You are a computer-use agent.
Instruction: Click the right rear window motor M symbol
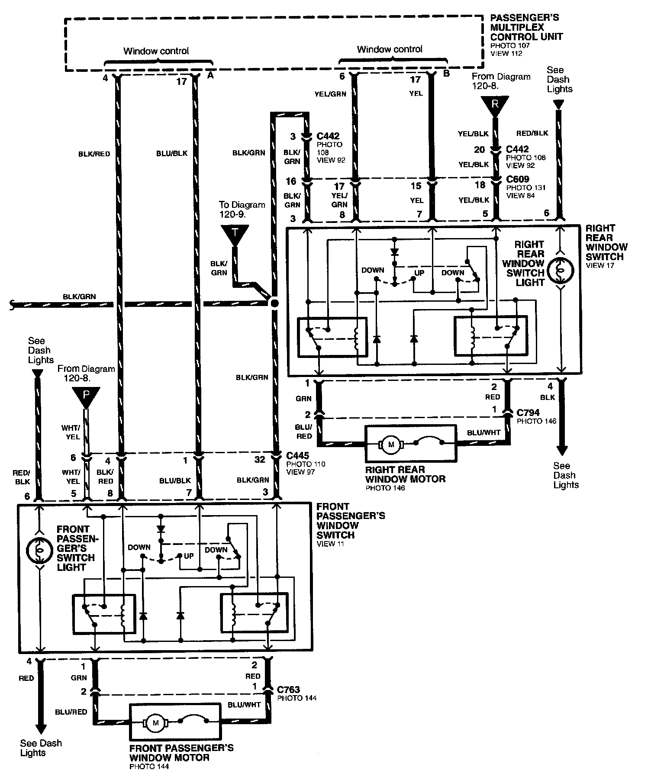392,445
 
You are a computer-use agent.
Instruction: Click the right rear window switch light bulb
561,270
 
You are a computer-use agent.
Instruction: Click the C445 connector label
297,456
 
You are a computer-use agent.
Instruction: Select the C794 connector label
528,413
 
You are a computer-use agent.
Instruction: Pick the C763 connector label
289,690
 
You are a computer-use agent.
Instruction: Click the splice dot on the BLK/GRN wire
274,303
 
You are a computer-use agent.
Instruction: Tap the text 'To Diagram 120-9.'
242,209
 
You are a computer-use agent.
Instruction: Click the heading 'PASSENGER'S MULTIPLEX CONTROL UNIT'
526,27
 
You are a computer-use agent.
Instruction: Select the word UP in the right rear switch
419,273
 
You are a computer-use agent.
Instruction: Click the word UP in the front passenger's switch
189,556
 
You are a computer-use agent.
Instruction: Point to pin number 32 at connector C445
259,460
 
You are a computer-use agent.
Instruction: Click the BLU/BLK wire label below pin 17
172,154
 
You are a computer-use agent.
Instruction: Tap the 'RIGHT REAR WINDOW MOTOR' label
405,474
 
